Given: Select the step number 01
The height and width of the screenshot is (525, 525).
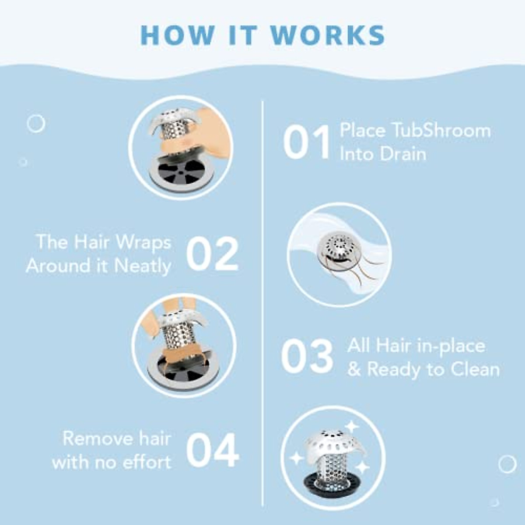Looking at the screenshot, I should click(306, 143).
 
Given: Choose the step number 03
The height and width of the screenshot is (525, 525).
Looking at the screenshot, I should click(307, 357).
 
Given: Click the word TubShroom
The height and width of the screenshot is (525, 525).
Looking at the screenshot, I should click(441, 131).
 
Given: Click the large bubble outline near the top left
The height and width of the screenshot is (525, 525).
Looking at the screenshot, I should click(36, 124).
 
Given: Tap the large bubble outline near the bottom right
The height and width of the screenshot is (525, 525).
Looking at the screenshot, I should click(507, 464).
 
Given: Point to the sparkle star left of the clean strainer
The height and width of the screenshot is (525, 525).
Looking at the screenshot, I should click(296, 458).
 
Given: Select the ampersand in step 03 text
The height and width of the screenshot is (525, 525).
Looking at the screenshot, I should click(354, 370).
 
